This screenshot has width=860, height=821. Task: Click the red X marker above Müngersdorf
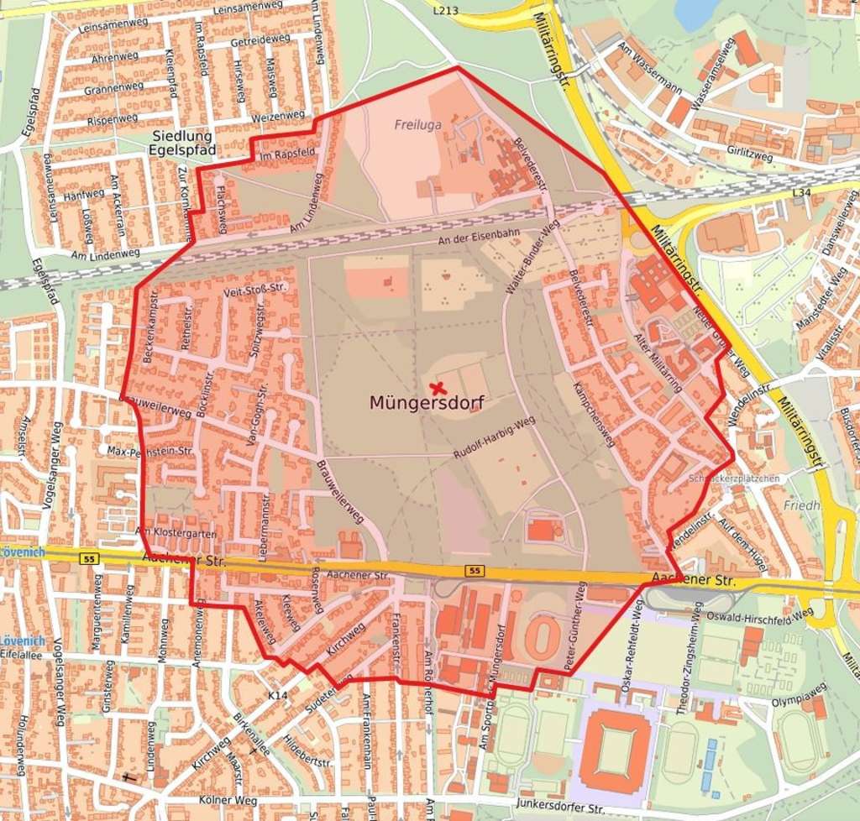click(x=437, y=388)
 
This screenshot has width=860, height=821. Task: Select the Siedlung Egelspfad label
click(x=184, y=143)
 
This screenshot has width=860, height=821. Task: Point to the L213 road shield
click(x=446, y=10)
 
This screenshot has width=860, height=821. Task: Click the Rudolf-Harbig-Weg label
click(x=494, y=438)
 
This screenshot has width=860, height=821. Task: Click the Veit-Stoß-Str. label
click(x=256, y=290)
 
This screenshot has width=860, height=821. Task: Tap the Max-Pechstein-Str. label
click(x=150, y=451)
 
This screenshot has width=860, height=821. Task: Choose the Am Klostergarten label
click(x=176, y=532)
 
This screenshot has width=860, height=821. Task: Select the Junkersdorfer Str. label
click(x=561, y=808)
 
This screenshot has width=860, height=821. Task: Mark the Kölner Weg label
click(x=229, y=801)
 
